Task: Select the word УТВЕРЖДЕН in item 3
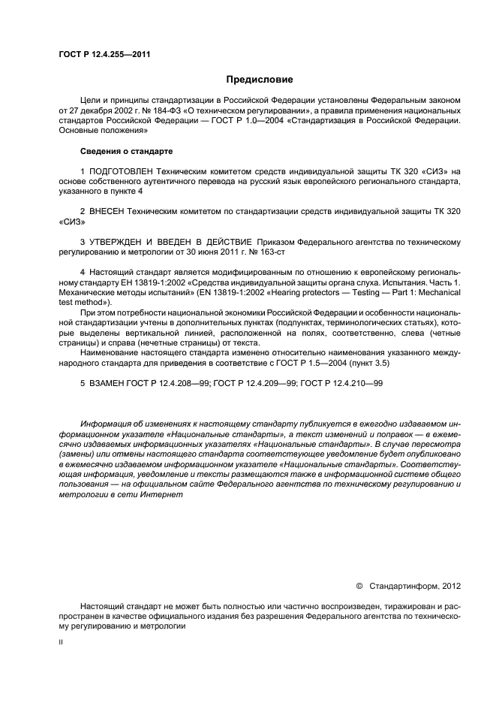119,243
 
